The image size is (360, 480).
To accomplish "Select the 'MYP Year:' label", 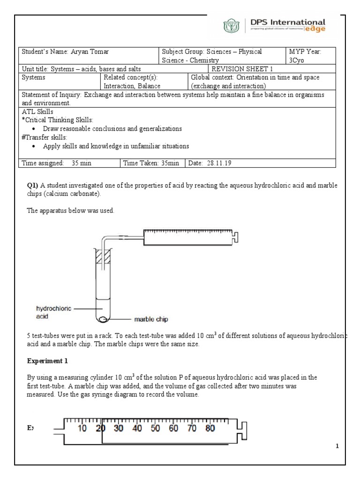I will pyautogui.click(x=305, y=52).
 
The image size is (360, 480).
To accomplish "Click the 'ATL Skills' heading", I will pyautogui.click(x=37, y=112).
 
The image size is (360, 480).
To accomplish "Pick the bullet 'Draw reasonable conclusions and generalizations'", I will pyautogui.click(x=112, y=128).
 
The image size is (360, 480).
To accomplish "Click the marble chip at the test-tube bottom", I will pyautogui.click(x=103, y=319).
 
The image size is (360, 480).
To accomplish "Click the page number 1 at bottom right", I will pyautogui.click(x=337, y=446).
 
